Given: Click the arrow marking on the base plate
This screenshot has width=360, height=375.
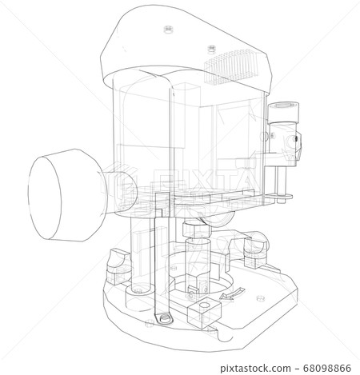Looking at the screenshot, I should point(225,297).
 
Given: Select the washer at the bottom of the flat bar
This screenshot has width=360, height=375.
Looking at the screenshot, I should point(163,319).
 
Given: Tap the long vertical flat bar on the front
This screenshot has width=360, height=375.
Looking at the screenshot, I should point(168,200).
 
